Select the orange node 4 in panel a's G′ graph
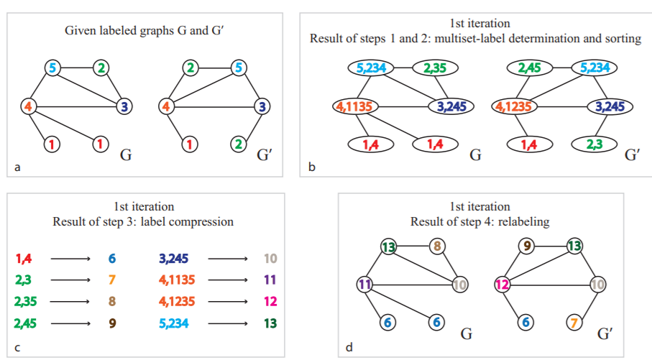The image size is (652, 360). [167, 106]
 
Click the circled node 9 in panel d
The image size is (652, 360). [528, 247]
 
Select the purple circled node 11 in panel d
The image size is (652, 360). [364, 285]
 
